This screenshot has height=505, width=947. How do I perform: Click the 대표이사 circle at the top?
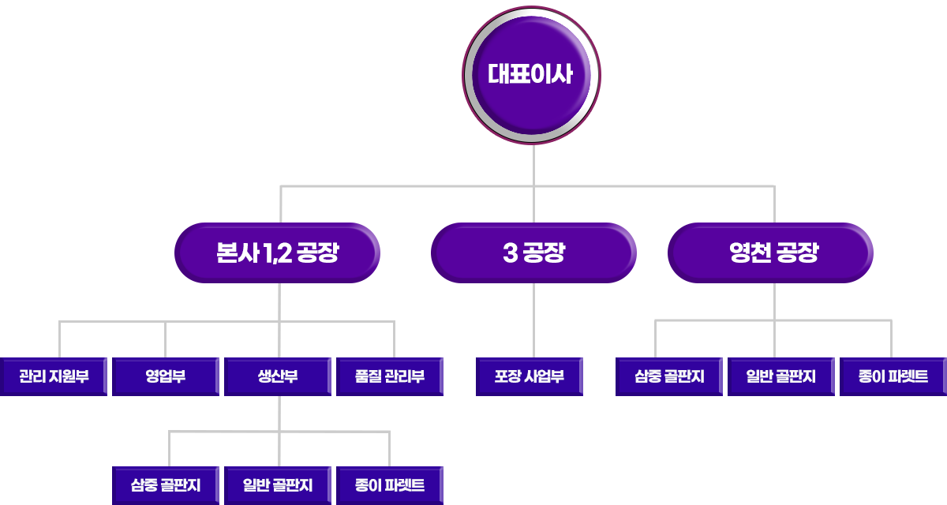point(530,76)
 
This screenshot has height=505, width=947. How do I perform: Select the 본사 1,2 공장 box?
point(277,253)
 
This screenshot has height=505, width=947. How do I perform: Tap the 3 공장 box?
point(533,253)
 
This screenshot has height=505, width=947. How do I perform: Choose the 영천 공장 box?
point(773,253)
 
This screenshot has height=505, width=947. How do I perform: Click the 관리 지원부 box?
point(54,376)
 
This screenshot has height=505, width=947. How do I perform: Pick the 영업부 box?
point(165,376)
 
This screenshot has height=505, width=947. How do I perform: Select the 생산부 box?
point(278,376)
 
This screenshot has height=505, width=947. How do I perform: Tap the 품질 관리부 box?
point(390,376)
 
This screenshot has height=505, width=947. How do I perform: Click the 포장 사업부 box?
point(530,376)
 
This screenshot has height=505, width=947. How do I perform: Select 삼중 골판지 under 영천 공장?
point(669,376)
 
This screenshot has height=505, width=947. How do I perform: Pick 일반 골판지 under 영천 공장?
point(780,376)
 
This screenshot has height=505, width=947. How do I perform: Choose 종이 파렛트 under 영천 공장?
point(893,376)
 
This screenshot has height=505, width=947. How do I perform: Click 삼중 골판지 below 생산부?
point(166,484)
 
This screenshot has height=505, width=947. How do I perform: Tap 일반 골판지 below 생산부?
point(278,484)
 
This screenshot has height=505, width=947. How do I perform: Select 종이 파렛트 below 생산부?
point(390,484)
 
